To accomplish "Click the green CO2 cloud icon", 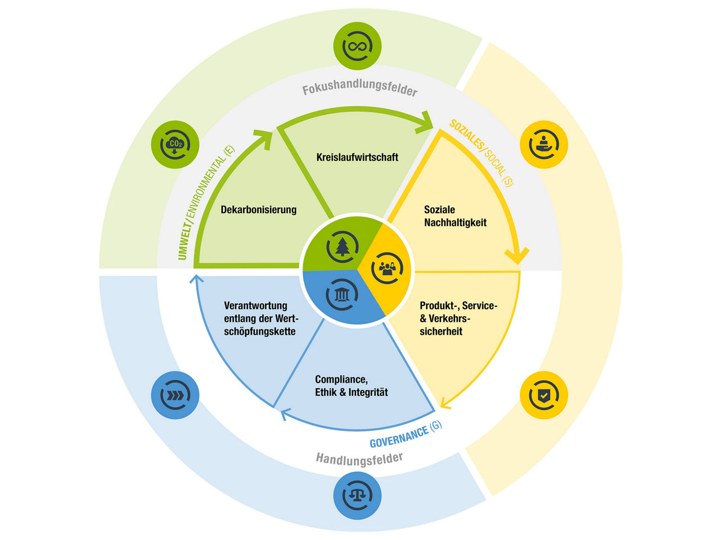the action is (x=175, y=145).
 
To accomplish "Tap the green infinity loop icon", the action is (x=357, y=46).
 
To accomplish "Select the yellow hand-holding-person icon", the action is (x=544, y=145).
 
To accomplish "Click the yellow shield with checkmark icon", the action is (x=544, y=395).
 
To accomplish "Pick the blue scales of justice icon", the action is (x=357, y=496).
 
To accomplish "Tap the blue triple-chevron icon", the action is (x=175, y=395).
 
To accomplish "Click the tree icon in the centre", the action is (x=342, y=247).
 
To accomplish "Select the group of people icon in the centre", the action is (x=387, y=268).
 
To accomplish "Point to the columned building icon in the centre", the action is (x=342, y=295).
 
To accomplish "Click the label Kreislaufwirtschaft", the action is (x=357, y=157).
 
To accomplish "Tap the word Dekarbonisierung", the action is (x=259, y=209).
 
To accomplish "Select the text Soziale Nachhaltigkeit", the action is (x=455, y=216).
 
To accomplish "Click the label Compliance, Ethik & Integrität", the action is (x=352, y=385).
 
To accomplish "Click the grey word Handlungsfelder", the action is (x=359, y=460).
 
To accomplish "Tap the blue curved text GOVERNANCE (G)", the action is (x=406, y=434).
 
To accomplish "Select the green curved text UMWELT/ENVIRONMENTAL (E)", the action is (x=205, y=203).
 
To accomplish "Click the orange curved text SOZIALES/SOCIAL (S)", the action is (x=481, y=152).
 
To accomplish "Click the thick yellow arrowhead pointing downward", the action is (x=517, y=256).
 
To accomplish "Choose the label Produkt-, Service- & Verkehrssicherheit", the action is (x=458, y=318).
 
